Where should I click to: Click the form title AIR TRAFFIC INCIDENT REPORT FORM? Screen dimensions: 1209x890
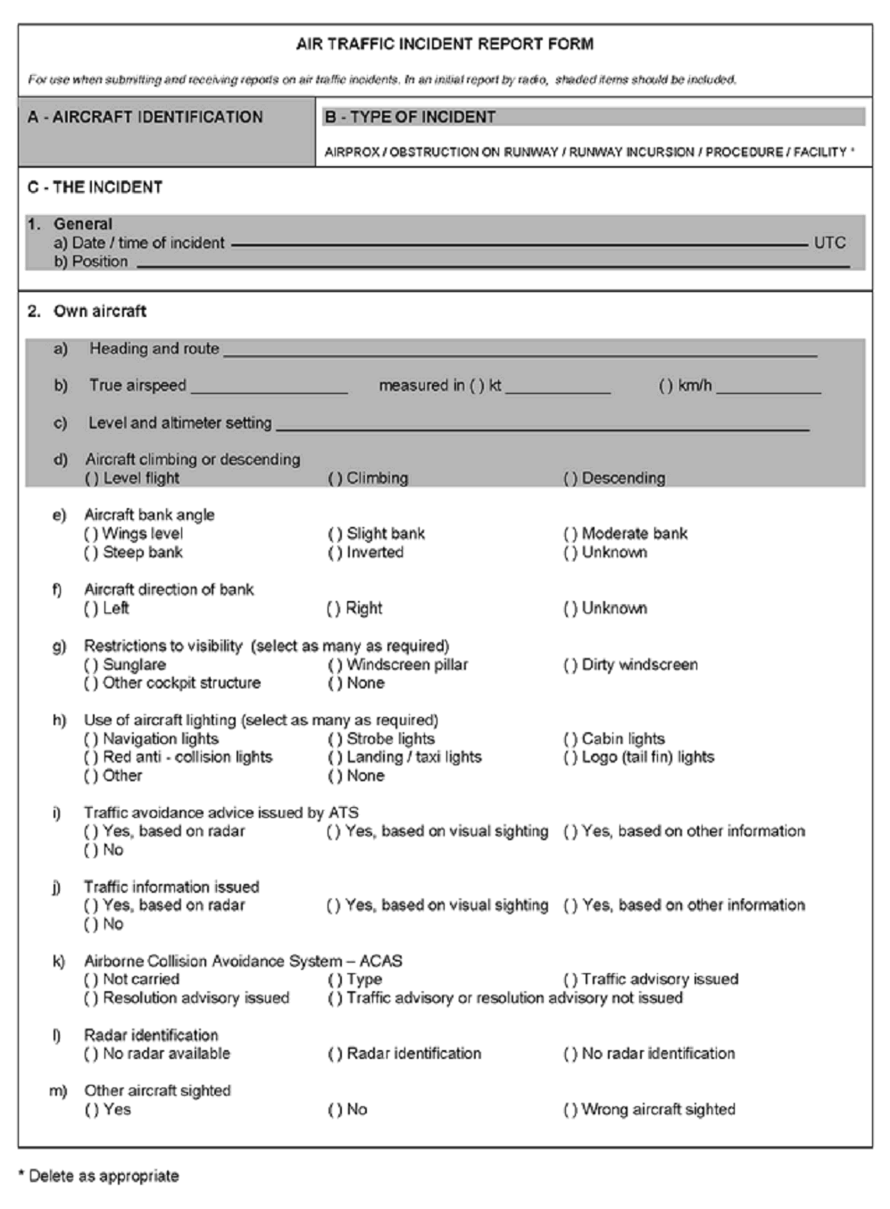tap(445, 44)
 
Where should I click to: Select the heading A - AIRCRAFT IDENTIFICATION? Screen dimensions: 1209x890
tap(145, 117)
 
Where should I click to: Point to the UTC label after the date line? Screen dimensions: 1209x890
tap(829, 243)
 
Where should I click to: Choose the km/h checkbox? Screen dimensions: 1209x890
tap(666, 386)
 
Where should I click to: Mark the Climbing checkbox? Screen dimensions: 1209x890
tap(335, 479)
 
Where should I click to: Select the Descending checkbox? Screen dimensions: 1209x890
tap(570, 479)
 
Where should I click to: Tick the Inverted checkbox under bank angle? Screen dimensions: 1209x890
tap(335, 553)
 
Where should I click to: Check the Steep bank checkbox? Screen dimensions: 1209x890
tap(91, 553)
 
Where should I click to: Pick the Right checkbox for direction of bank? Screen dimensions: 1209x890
tap(333, 609)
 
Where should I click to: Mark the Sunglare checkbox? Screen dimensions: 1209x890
tap(91, 665)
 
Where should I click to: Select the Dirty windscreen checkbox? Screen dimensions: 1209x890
tap(570, 665)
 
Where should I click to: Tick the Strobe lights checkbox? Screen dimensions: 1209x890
tap(335, 739)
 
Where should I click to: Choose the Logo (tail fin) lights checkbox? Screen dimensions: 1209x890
tap(570, 757)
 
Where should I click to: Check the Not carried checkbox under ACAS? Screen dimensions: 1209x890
tap(91, 980)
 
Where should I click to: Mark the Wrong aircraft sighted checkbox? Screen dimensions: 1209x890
tap(570, 1110)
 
